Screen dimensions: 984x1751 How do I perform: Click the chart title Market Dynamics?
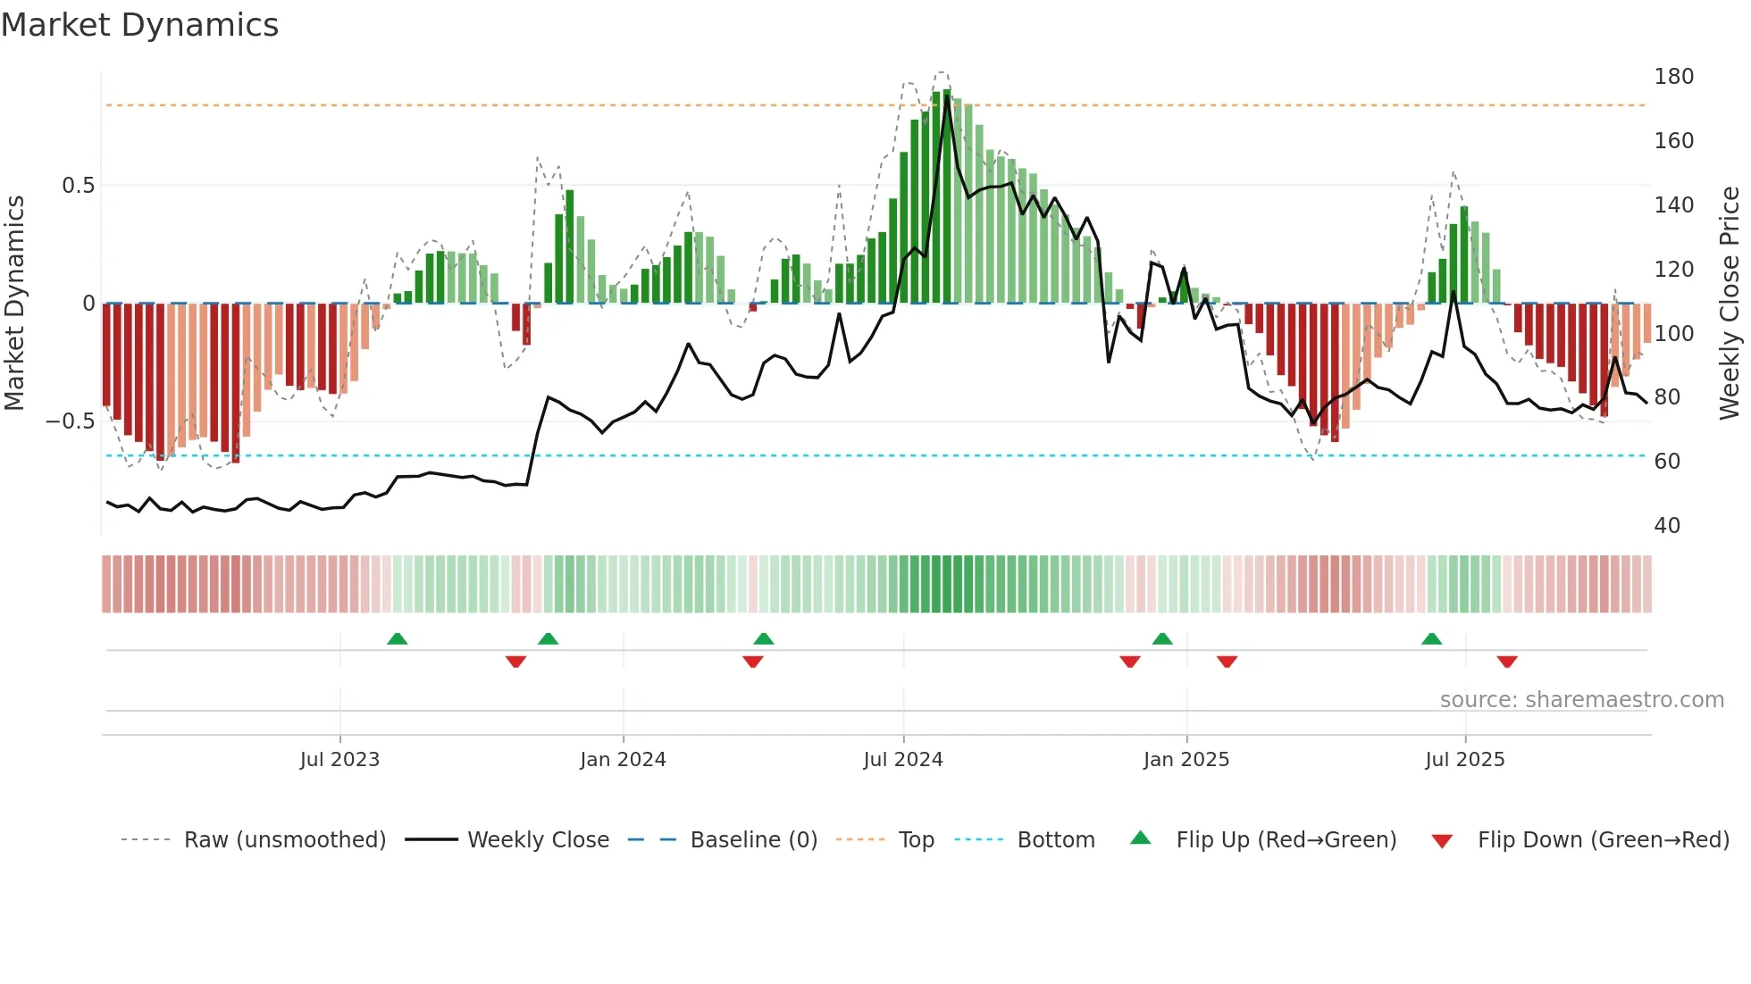point(139,25)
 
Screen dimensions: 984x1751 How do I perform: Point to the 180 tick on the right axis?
point(1673,77)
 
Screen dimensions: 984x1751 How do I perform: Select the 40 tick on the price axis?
point(1666,526)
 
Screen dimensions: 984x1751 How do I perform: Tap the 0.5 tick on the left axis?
point(78,186)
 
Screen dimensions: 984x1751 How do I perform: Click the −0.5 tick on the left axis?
point(70,421)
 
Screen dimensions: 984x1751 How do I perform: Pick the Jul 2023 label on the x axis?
point(339,760)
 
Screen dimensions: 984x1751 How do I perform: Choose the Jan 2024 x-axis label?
point(623,760)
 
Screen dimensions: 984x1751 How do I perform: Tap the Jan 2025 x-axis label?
point(1185,760)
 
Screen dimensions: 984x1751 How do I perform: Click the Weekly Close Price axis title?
point(1730,304)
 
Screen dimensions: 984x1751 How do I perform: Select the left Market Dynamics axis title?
point(14,304)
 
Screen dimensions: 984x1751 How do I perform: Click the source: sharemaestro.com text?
point(1581,700)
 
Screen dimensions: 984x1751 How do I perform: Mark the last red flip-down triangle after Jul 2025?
point(1507,662)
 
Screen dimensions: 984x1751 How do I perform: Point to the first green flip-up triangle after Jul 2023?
point(398,638)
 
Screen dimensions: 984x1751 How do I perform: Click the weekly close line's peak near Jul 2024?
point(947,96)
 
